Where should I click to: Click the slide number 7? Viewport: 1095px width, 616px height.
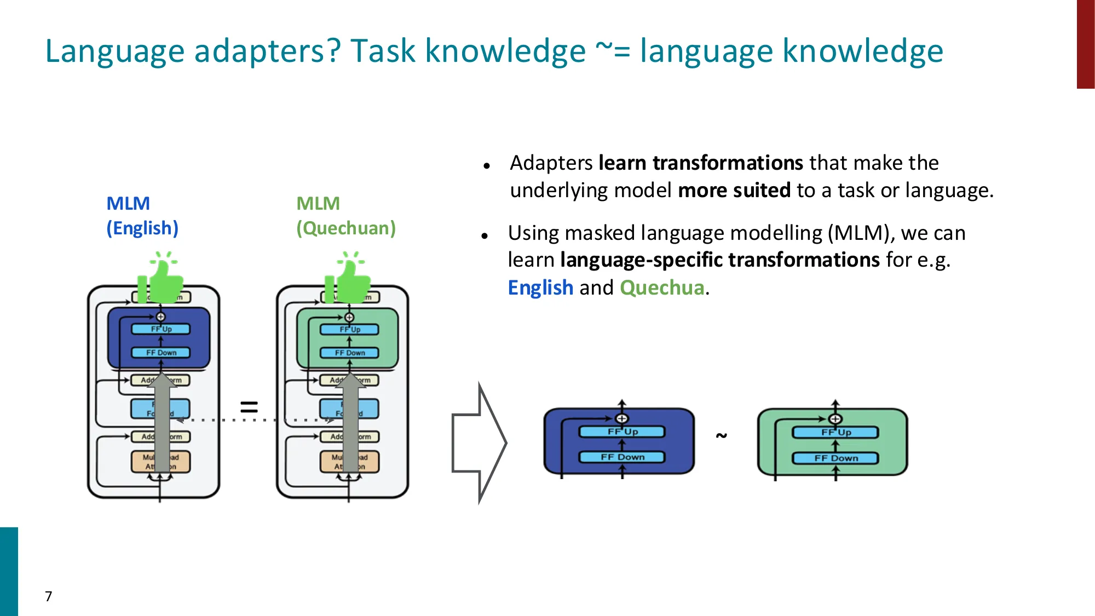point(49,596)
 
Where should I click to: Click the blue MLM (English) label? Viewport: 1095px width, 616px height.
point(142,216)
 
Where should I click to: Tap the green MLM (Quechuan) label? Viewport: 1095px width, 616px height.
point(345,216)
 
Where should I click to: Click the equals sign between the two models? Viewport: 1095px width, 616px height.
point(249,407)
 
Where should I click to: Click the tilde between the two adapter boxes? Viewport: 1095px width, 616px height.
point(722,436)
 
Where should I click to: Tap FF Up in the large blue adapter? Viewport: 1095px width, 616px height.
point(622,432)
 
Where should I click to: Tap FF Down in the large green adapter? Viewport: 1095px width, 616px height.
point(835,458)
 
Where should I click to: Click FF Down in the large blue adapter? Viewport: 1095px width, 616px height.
point(622,457)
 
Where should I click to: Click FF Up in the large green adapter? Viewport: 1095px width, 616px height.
point(835,433)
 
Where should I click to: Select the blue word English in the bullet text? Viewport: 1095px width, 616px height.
point(540,288)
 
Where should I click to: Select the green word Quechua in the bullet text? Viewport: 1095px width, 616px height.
point(662,288)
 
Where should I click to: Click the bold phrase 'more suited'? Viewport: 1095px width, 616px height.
point(734,191)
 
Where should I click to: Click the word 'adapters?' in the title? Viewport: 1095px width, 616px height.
point(267,51)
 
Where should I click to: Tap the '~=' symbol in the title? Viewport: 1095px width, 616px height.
point(613,51)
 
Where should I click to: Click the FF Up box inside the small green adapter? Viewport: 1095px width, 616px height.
point(349,330)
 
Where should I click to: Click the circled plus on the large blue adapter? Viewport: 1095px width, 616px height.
point(621,419)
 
